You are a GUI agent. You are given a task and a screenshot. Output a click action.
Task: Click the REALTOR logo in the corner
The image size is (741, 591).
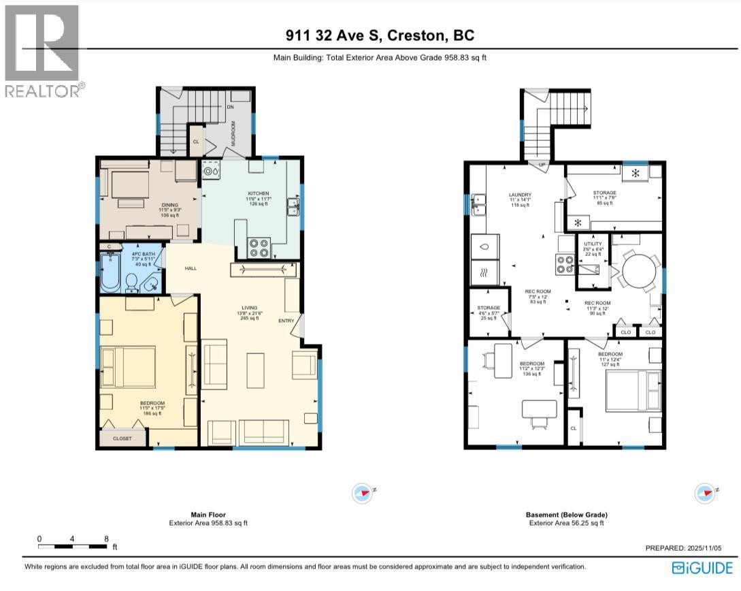pyautogui.click(x=42, y=52)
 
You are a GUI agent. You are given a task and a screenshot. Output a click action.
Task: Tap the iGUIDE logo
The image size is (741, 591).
pyautogui.click(x=702, y=567)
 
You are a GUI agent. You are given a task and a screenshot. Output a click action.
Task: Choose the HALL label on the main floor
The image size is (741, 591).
pyautogui.click(x=191, y=268)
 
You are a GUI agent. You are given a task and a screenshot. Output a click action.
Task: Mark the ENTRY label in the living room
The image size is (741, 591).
pyautogui.click(x=286, y=321)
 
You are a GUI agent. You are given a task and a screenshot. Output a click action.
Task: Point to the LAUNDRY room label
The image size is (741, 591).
pyautogui.click(x=520, y=194)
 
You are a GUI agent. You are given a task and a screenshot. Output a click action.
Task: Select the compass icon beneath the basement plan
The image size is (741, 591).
pyautogui.click(x=704, y=492)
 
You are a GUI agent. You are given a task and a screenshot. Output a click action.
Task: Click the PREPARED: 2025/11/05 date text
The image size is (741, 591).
pyautogui.click(x=688, y=548)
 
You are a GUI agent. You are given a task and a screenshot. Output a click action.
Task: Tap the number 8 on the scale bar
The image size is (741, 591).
pyautogui.click(x=106, y=538)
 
